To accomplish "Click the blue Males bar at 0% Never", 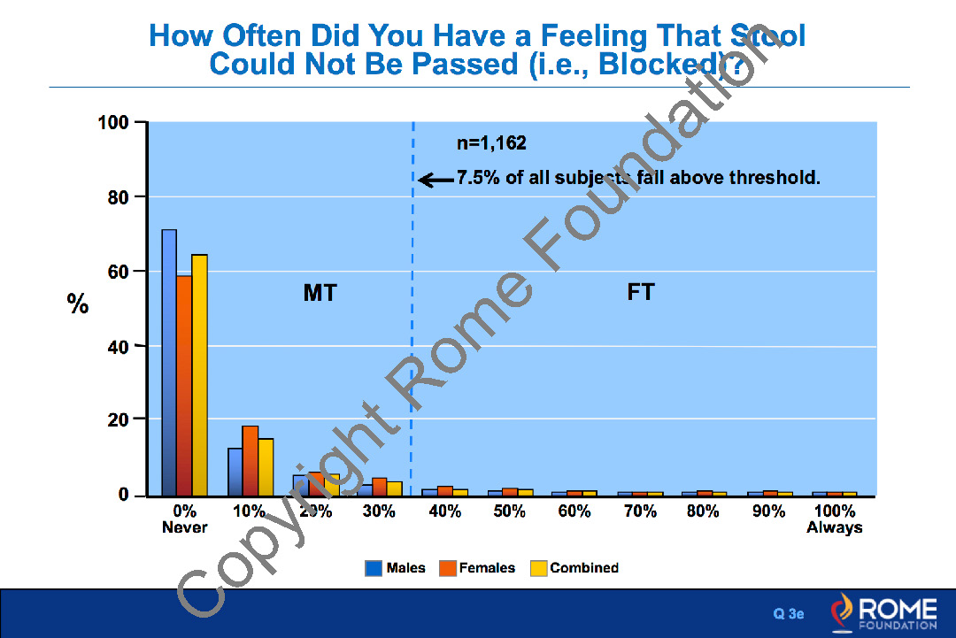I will (168, 363).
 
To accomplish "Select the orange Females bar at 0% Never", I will (183, 386).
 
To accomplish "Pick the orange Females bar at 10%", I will (250, 460).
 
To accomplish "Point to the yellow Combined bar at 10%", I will (266, 466).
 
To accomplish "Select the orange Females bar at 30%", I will (380, 486).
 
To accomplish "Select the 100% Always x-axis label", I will (834, 519).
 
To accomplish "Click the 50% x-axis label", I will (510, 511).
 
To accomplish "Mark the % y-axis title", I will (78, 305).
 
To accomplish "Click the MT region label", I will (320, 293).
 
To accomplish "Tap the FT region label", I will (640, 292).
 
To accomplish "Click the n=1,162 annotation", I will (491, 143).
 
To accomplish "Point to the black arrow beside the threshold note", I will (436, 181).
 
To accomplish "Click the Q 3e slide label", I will (789, 613).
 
